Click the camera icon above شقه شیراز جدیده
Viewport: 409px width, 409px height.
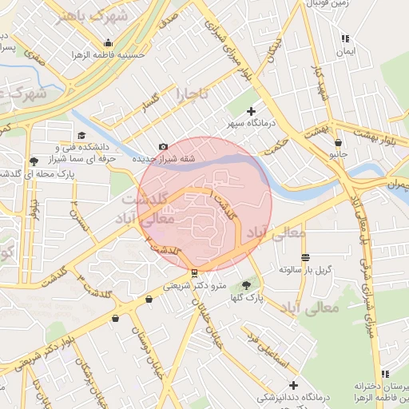tap(163, 146)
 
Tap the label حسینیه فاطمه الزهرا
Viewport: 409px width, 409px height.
tap(106, 56)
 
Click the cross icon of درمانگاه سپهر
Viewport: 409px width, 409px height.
tap(252, 111)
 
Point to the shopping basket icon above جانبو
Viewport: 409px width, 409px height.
tap(339, 143)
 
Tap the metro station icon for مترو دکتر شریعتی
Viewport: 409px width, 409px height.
tap(195, 272)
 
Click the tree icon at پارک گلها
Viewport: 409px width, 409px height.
tap(246, 284)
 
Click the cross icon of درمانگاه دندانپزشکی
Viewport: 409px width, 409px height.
tap(293, 385)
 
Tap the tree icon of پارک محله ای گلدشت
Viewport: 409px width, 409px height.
tap(33, 162)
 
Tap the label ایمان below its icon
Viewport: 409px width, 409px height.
tap(345, 50)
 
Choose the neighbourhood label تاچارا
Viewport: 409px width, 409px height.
tap(192, 95)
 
